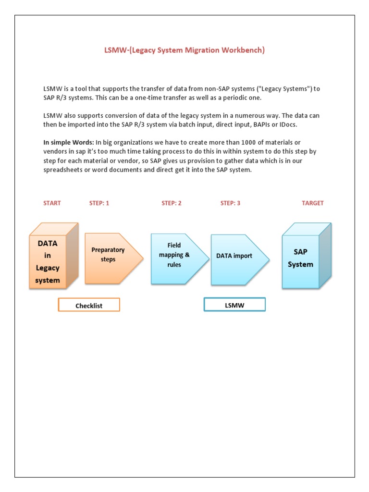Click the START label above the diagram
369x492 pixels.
(52, 203)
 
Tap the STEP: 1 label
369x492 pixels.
(99, 203)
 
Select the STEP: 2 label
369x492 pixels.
(172, 203)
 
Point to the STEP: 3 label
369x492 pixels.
(230, 203)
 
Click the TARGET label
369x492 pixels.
(313, 203)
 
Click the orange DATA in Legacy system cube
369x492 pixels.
(48, 262)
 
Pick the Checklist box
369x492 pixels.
(89, 306)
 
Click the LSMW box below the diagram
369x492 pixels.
(234, 305)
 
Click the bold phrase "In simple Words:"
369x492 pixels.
(68, 143)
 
